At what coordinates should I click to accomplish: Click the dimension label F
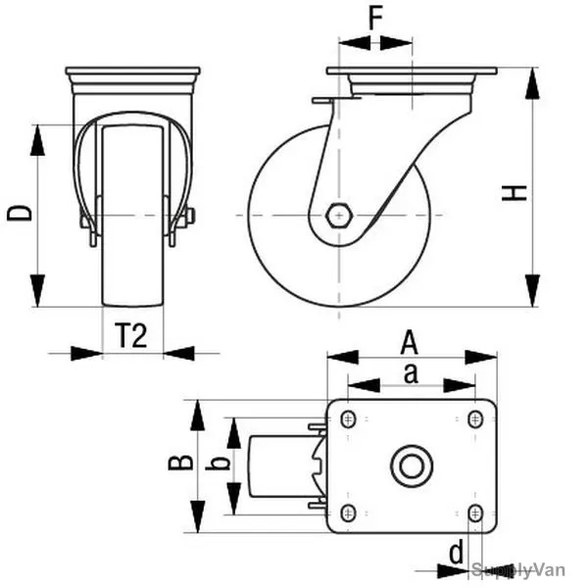(375, 18)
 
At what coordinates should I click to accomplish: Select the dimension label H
(514, 193)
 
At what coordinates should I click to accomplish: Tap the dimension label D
(20, 213)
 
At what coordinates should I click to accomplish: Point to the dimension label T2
(131, 335)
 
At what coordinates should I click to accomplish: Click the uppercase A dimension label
(409, 342)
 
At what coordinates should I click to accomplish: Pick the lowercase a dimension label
(411, 373)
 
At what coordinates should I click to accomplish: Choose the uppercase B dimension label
(180, 463)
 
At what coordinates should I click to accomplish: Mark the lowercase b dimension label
(218, 464)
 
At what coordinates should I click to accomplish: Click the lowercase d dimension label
(456, 552)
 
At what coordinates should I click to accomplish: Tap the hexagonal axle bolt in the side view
(339, 216)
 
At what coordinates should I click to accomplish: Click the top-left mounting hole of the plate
(348, 418)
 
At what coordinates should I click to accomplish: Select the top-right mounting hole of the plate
(475, 418)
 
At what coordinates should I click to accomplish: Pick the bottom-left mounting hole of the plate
(348, 513)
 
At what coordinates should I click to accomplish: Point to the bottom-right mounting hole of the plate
(475, 513)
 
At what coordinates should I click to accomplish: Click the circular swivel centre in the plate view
(412, 466)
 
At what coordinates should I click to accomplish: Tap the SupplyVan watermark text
(517, 570)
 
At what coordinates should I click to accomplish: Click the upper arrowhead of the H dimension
(532, 83)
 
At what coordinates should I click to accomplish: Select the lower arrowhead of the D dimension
(37, 291)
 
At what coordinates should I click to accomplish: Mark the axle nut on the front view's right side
(189, 216)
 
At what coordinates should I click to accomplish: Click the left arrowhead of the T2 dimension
(86, 353)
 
